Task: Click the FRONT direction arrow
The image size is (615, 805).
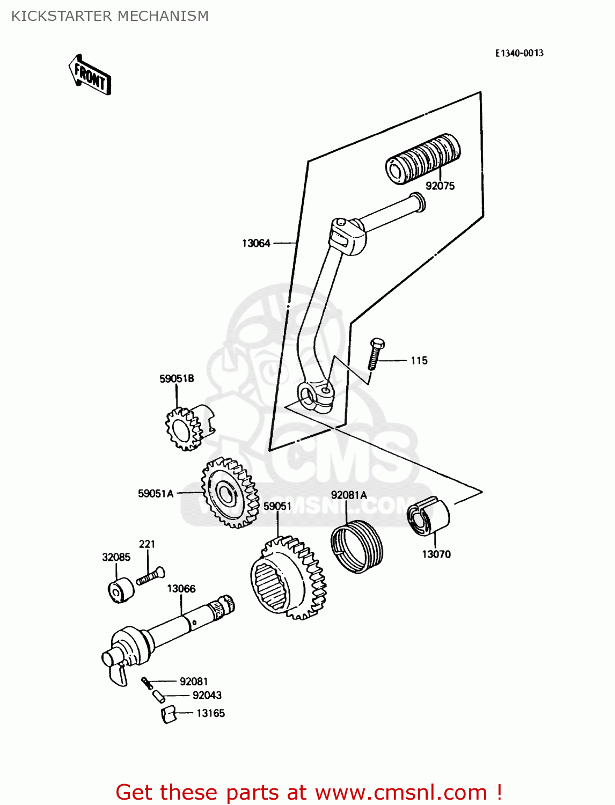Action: click(x=90, y=75)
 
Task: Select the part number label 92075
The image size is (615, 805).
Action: click(x=440, y=186)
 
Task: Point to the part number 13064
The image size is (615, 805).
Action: click(x=256, y=244)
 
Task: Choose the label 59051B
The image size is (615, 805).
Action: click(x=177, y=379)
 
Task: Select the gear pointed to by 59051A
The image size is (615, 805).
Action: click(x=229, y=492)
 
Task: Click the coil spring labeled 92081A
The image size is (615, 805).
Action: click(x=356, y=547)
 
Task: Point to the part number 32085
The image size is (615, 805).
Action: click(x=116, y=558)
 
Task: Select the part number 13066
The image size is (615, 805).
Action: click(x=181, y=589)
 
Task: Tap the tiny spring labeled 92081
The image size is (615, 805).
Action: click(x=147, y=683)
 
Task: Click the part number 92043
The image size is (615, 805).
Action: click(x=207, y=696)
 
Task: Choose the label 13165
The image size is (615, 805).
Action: click(x=210, y=713)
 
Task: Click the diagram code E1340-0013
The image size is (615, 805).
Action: click(x=518, y=53)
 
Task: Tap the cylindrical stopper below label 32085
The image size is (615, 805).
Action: click(x=121, y=590)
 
